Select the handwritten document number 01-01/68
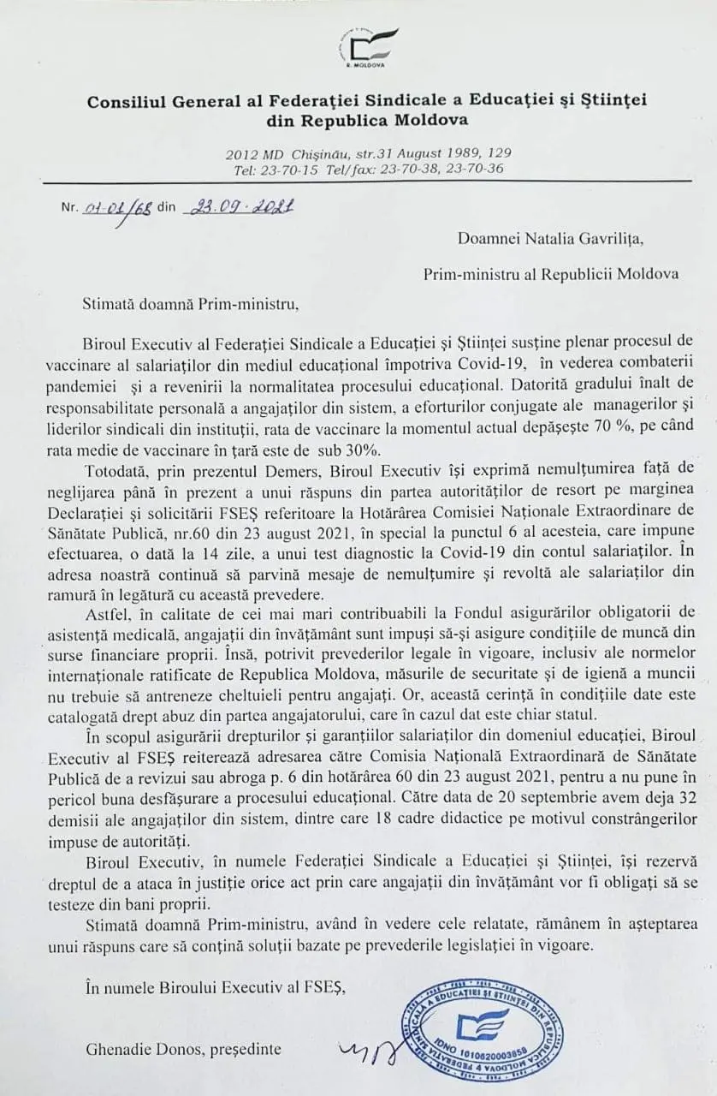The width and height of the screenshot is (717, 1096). [x=117, y=208]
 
